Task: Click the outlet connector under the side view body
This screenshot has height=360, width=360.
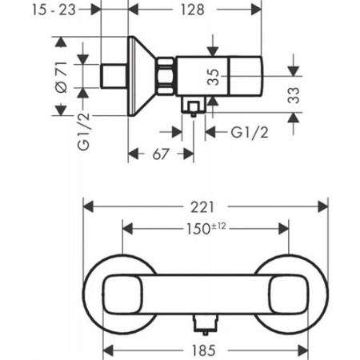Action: (x=192, y=107)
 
